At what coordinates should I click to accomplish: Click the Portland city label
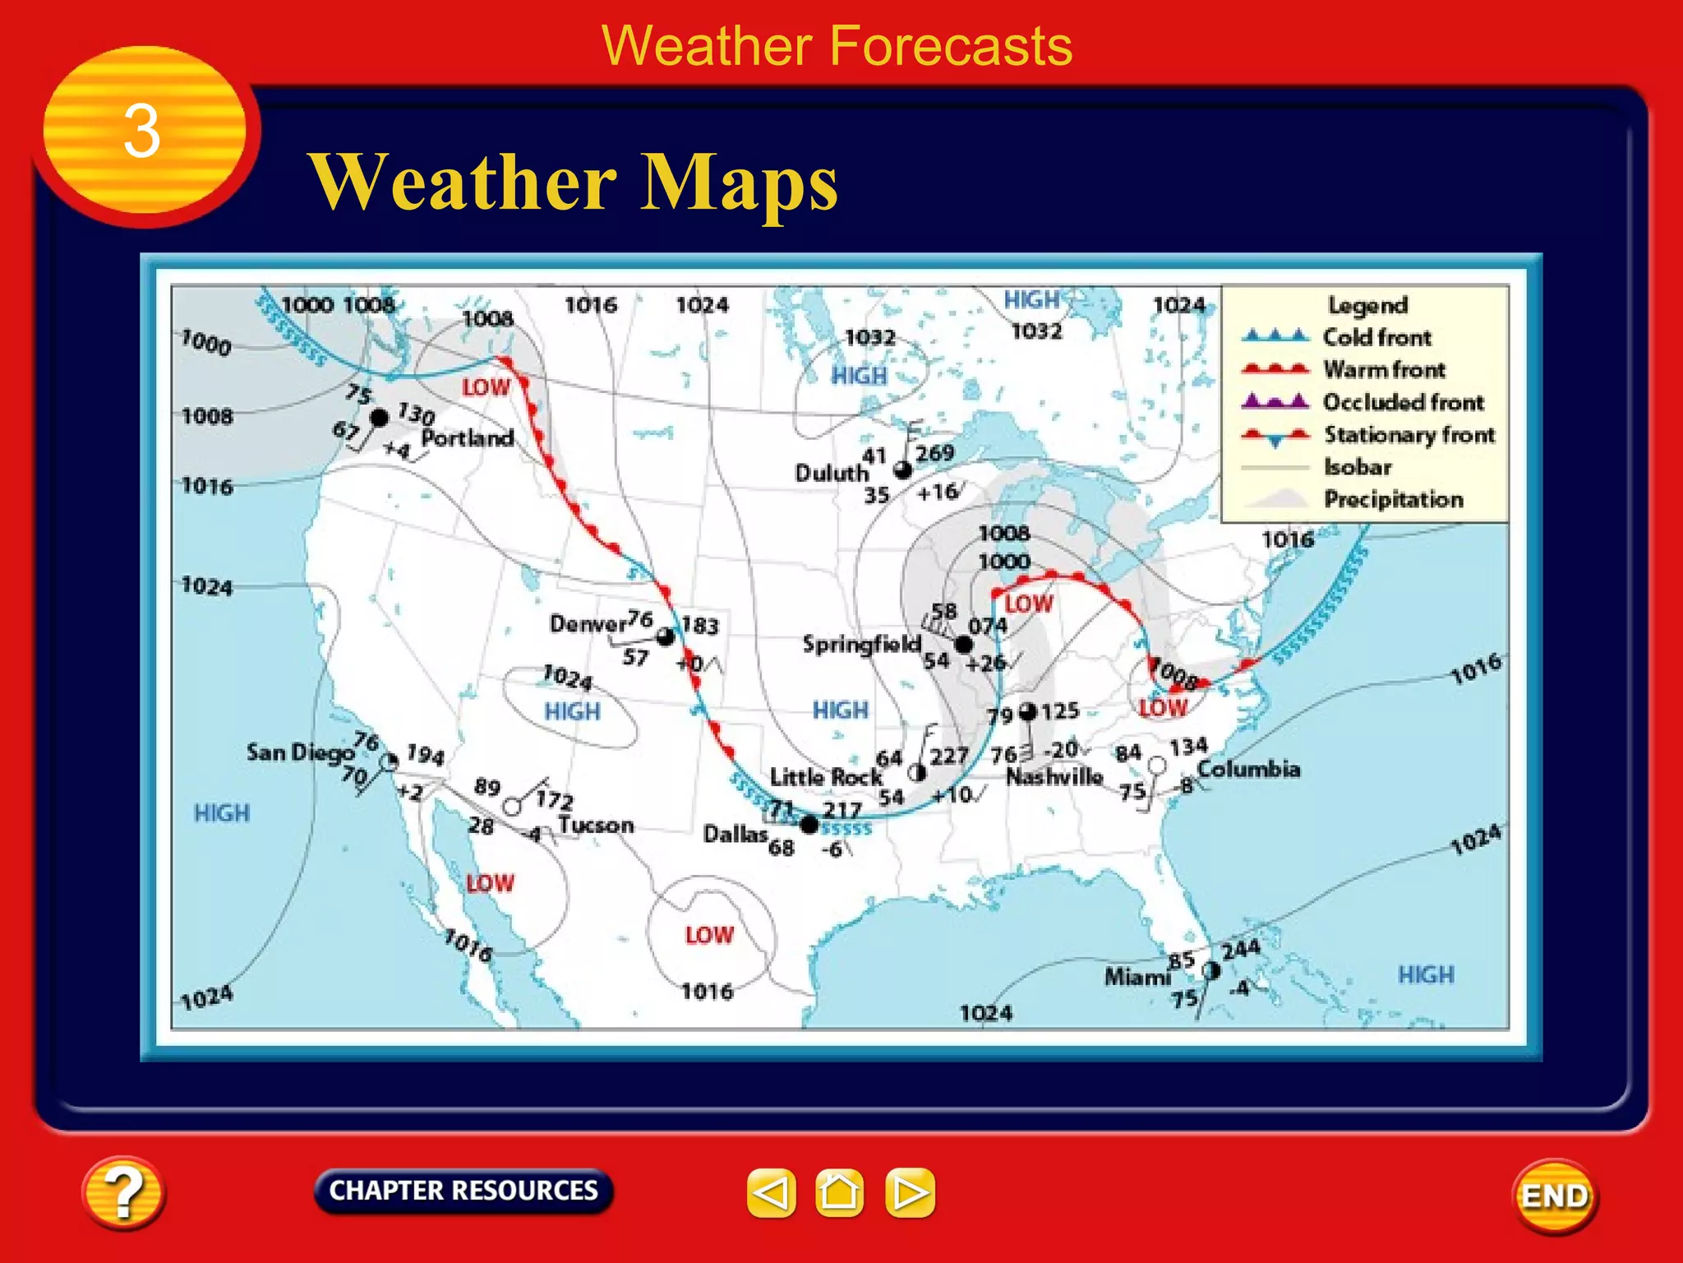click(x=468, y=437)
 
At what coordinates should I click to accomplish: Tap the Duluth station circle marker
click(x=902, y=470)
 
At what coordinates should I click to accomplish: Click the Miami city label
click(x=1137, y=977)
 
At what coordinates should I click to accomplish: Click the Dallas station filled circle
click(x=809, y=824)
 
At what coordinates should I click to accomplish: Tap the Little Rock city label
click(x=825, y=776)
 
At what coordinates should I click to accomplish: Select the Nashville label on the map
click(x=1054, y=775)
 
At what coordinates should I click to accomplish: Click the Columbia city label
click(x=1248, y=769)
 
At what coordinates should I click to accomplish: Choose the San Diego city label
click(x=299, y=752)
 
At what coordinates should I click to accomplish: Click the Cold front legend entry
click(x=1376, y=337)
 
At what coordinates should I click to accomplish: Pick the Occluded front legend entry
click(x=1403, y=402)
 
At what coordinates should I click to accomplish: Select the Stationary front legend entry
click(x=1409, y=434)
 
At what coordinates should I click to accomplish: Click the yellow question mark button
click(x=123, y=1192)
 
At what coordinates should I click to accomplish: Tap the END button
click(x=1555, y=1196)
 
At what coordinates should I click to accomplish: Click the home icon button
click(x=839, y=1192)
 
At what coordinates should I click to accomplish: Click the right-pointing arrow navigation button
click(x=910, y=1192)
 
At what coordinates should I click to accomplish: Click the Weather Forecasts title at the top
click(x=837, y=45)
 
